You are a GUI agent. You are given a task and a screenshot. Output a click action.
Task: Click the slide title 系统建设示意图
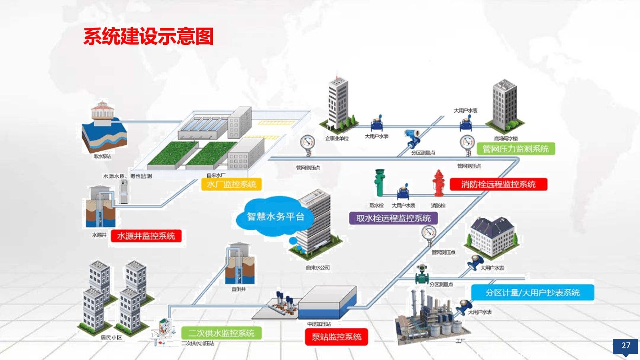pyautogui.click(x=148, y=36)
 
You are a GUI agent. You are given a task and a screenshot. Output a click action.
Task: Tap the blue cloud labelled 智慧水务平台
pyautogui.click(x=275, y=217)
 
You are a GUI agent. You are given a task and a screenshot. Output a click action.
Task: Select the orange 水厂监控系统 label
pyautogui.click(x=232, y=184)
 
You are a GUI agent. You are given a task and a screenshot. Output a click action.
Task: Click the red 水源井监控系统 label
pyautogui.click(x=146, y=236)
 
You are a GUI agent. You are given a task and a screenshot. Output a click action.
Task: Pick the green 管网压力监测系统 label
pyautogui.click(x=516, y=149)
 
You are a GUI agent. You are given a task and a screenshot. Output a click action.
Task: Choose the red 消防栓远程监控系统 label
pyautogui.click(x=498, y=184)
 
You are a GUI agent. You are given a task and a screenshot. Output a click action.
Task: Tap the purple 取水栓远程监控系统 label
pyautogui.click(x=393, y=218)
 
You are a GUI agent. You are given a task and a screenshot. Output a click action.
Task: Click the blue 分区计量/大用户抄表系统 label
pyautogui.click(x=532, y=293)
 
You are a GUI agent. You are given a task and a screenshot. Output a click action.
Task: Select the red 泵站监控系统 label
pyautogui.click(x=336, y=337)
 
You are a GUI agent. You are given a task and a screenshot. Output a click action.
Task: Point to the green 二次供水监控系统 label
pyautogui.click(x=221, y=333)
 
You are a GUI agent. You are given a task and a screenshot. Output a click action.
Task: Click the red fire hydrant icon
pyautogui.click(x=438, y=183)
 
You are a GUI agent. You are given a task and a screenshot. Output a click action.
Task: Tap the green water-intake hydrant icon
pyautogui.click(x=379, y=182)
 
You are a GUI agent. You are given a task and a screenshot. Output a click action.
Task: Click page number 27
pyautogui.click(x=626, y=346)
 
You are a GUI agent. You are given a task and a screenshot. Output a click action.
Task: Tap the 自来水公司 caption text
pyautogui.click(x=318, y=268)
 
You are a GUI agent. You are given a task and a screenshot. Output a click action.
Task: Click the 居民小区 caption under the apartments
pyautogui.click(x=111, y=338)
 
